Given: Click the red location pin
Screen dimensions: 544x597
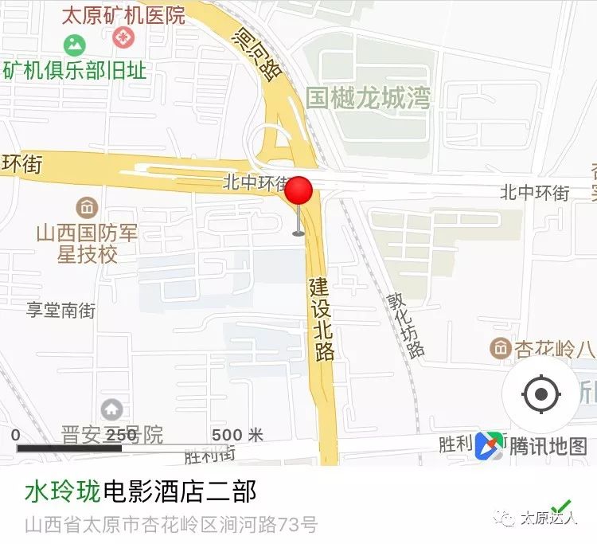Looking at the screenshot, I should [299, 194].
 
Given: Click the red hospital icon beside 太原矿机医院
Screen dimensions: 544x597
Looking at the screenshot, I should [123, 37].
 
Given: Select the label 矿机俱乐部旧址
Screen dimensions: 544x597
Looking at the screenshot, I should [76, 69].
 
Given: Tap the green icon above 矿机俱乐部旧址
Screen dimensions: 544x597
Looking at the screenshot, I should [75, 45].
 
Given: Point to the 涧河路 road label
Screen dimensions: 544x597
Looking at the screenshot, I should [258, 53].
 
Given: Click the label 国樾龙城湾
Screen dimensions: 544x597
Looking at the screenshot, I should [368, 98].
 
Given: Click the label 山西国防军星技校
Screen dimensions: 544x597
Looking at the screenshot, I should [87, 243].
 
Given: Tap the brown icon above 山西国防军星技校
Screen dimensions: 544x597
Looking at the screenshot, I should [87, 209].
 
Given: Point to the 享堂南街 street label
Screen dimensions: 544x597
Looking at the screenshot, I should [60, 310].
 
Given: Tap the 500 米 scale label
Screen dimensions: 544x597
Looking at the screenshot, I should [236, 435].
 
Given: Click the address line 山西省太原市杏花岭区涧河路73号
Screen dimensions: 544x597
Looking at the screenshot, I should [171, 525].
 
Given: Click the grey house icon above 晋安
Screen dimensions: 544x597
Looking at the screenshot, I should [111, 409].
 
